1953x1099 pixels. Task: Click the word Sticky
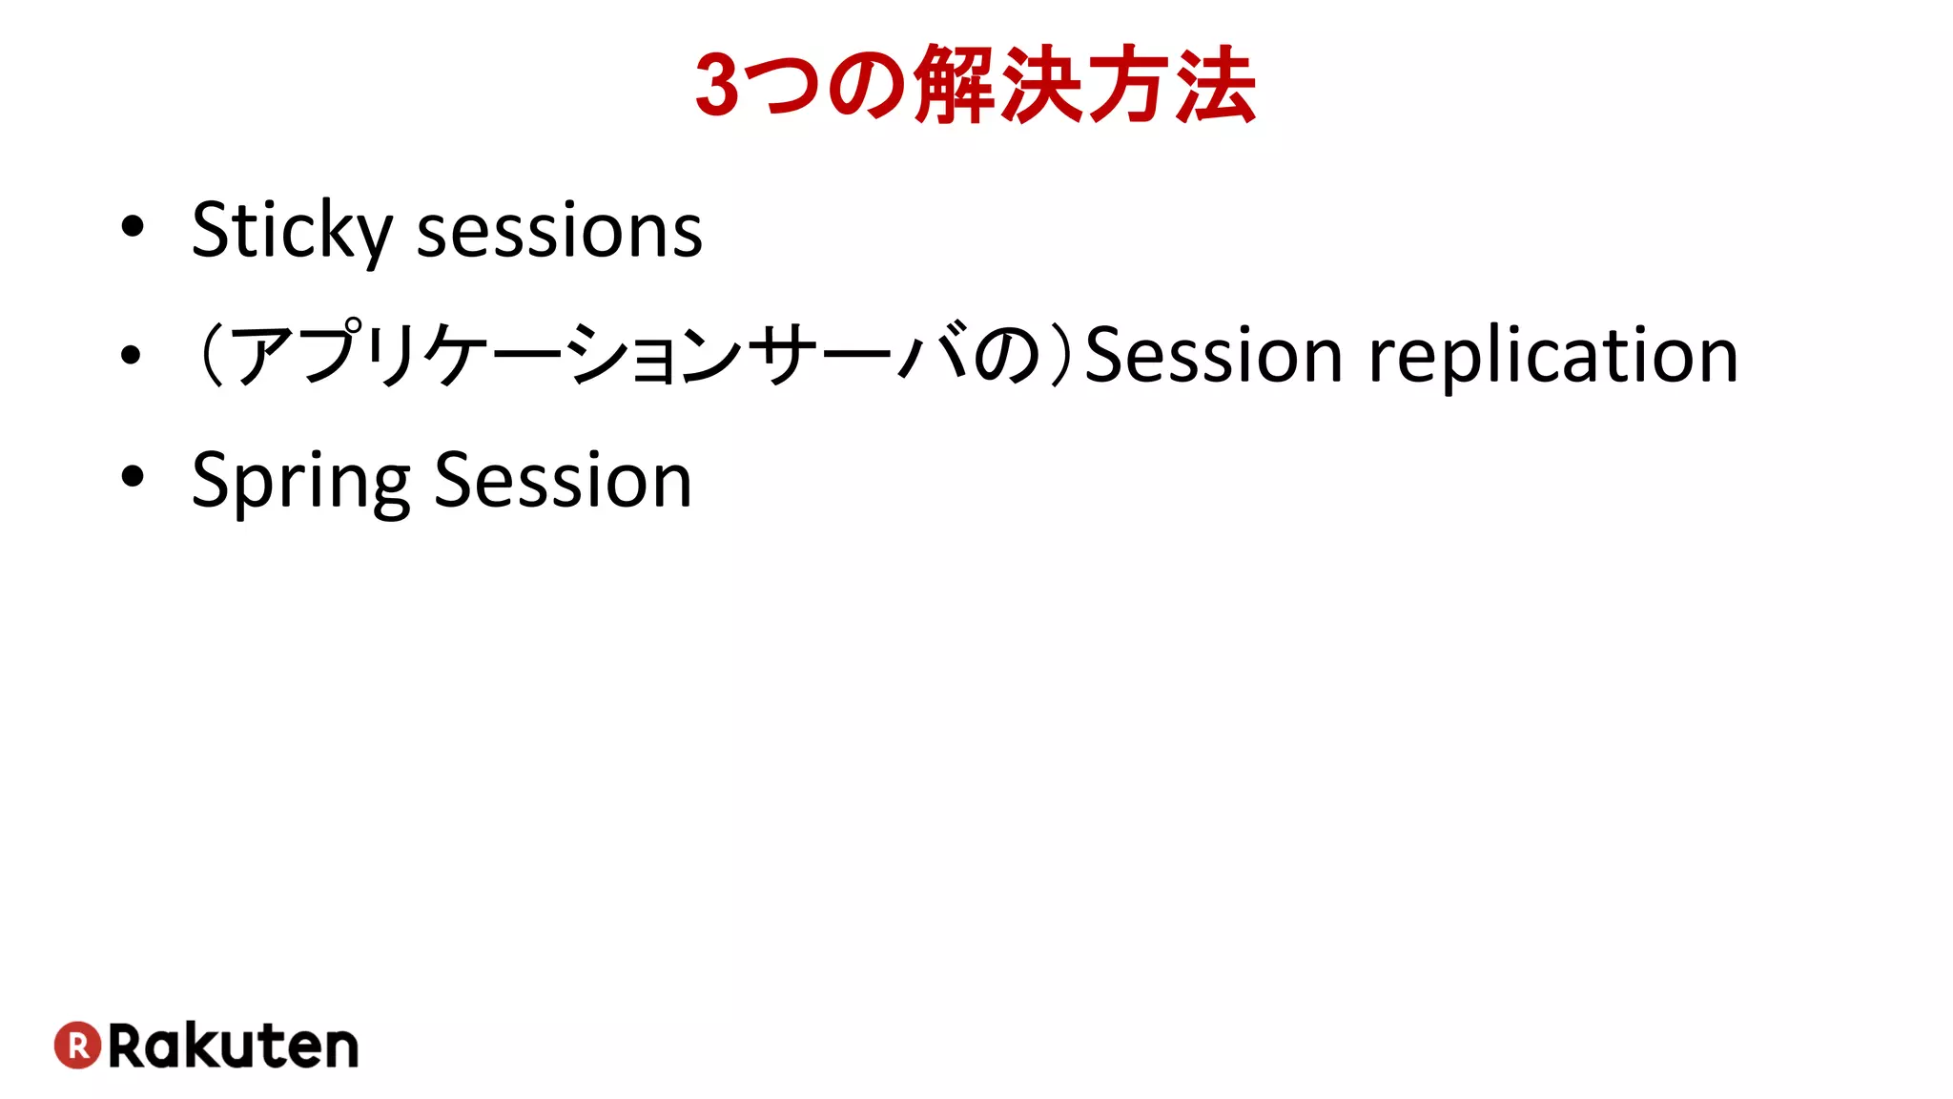coord(292,231)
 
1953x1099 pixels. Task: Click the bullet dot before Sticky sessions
coord(133,227)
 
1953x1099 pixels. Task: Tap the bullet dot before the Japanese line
coord(132,355)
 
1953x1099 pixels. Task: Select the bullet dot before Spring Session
coord(133,476)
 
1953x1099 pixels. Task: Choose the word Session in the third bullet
coord(563,480)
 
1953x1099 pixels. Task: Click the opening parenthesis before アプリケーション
coord(211,355)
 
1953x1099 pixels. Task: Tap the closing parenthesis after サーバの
coord(1060,355)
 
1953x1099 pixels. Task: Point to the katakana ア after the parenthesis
coord(264,355)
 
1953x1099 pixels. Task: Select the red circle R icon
coord(78,1046)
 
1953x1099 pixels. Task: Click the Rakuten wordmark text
coord(234,1047)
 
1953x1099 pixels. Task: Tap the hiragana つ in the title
coord(786,86)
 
